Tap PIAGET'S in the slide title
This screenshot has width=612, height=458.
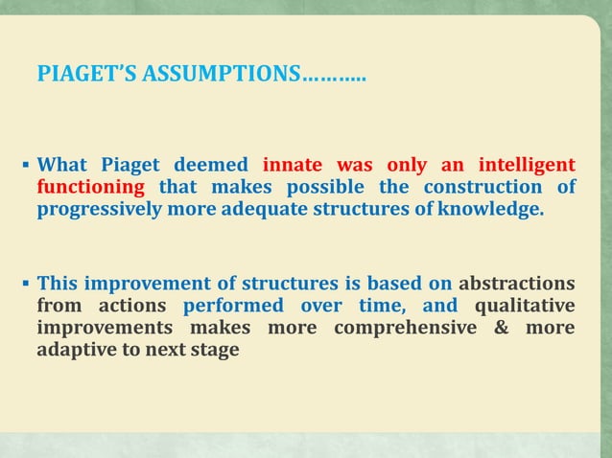pyautogui.click(x=87, y=73)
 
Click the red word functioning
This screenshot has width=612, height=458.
pyautogui.click(x=91, y=186)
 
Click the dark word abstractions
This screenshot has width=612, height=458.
pyautogui.click(x=517, y=284)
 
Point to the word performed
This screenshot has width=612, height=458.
pyautogui.click(x=232, y=306)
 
